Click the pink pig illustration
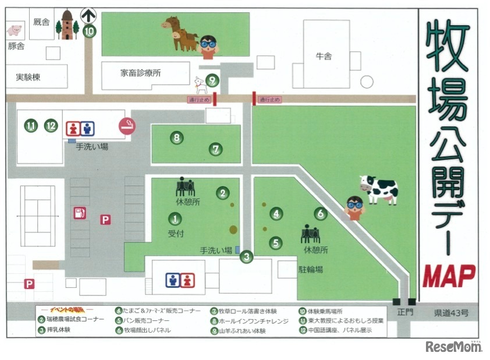(x=13, y=29)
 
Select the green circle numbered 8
(x=176, y=138)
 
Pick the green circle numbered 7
(x=216, y=150)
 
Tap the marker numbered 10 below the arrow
(x=88, y=32)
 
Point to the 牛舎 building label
(x=324, y=57)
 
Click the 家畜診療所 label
(x=141, y=73)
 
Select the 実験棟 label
(x=28, y=77)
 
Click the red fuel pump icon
(x=79, y=213)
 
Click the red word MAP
(x=449, y=276)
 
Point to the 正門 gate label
(x=404, y=313)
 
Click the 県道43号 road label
(x=450, y=313)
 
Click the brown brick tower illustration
(x=68, y=25)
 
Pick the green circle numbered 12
(x=51, y=125)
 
